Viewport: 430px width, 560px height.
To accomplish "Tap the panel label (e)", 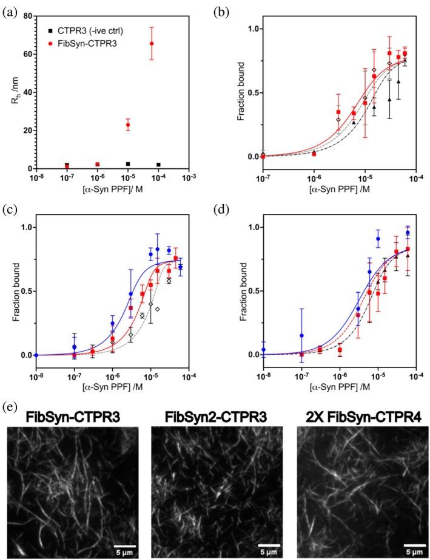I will click(11, 403).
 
